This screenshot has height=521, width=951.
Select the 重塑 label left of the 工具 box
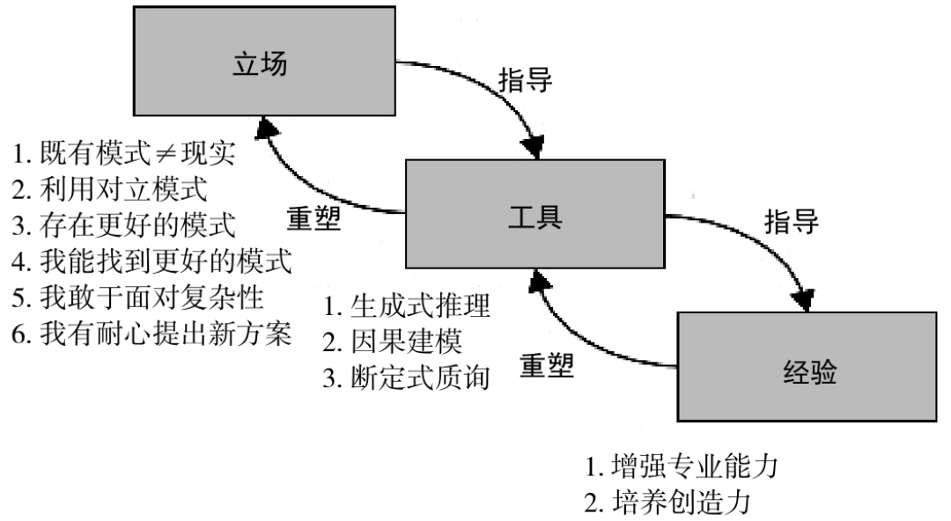click(314, 219)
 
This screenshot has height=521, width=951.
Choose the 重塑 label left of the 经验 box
click(547, 364)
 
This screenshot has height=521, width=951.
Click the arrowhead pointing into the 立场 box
click(265, 130)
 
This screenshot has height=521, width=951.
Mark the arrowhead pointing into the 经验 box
click(805, 301)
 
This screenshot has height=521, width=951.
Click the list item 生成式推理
click(406, 308)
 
